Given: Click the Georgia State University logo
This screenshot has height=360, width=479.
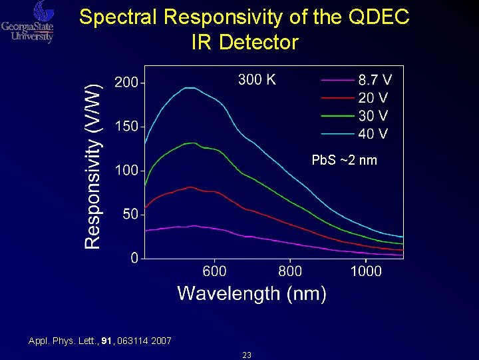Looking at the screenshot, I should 27,22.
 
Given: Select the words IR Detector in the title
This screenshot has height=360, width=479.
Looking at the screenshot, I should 244,43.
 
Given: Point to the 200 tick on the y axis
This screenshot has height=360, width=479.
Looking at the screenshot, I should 126,83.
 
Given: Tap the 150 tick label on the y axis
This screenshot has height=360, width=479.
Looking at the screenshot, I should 126,127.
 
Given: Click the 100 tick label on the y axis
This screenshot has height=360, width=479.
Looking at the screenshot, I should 126,171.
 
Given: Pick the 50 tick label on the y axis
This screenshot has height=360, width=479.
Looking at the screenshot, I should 130,215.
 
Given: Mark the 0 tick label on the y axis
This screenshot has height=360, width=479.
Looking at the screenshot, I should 134,259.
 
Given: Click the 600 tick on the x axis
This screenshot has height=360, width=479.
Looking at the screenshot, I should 214,271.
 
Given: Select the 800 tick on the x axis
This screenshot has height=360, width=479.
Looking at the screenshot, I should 290,271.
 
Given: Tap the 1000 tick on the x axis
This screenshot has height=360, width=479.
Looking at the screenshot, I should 366,271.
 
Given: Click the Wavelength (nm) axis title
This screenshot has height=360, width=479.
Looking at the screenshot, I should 251,293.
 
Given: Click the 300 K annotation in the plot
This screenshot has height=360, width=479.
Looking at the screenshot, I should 257,80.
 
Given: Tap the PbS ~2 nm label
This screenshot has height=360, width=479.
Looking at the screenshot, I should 344,161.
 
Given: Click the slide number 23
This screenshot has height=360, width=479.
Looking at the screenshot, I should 247,355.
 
